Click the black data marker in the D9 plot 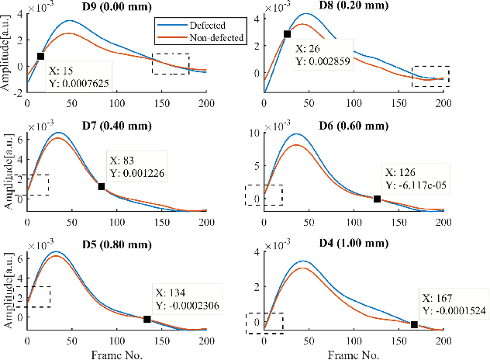(40, 56)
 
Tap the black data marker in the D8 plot (287, 34)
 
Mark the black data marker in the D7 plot (102, 186)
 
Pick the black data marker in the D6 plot (377, 199)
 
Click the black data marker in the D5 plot (147, 319)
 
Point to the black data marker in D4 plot (414, 324)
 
